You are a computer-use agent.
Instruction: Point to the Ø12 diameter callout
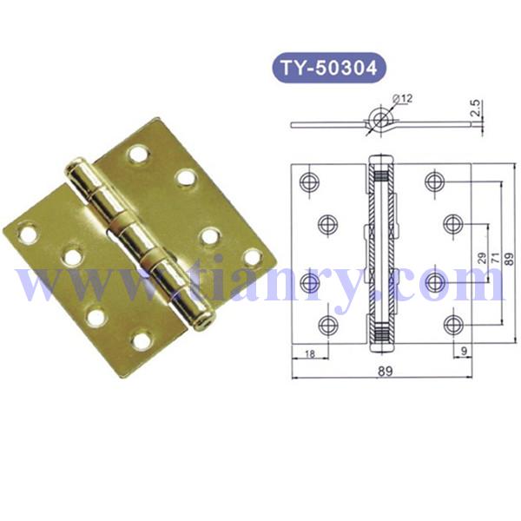(400, 101)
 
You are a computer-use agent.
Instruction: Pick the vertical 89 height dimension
(510, 257)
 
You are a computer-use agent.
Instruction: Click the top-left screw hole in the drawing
(309, 181)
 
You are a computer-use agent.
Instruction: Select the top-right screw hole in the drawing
(435, 181)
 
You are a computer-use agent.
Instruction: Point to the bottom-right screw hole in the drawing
(452, 325)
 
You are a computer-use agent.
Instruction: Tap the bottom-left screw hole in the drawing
(326, 325)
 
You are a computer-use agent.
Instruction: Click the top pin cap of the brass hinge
(74, 167)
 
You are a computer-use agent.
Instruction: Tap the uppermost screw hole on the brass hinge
(137, 155)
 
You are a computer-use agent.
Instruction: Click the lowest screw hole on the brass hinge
(141, 340)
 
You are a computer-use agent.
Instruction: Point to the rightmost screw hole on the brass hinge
(252, 257)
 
